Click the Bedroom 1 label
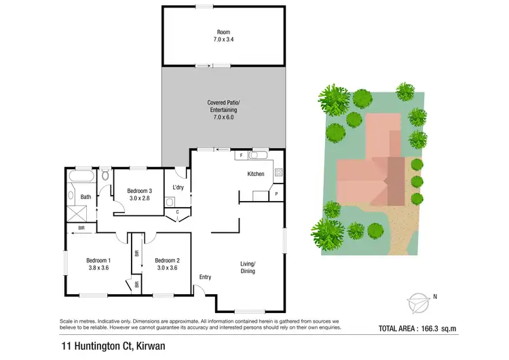click(98, 260)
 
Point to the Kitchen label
click(256, 175)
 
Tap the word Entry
click(205, 277)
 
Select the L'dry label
click(178, 187)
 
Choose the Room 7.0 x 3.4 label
click(223, 35)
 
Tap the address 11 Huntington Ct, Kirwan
click(113, 346)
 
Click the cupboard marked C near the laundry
click(178, 212)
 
